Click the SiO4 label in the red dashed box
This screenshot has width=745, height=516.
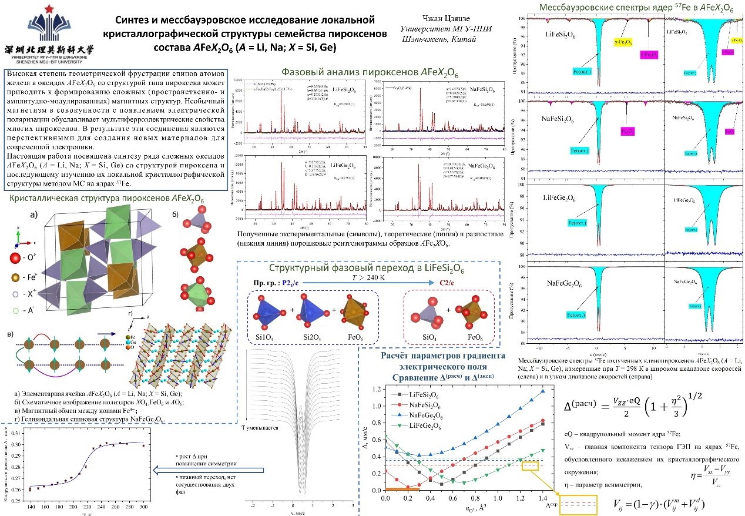click(x=430, y=338)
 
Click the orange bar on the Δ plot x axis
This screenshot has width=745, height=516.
click(x=402, y=490)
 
